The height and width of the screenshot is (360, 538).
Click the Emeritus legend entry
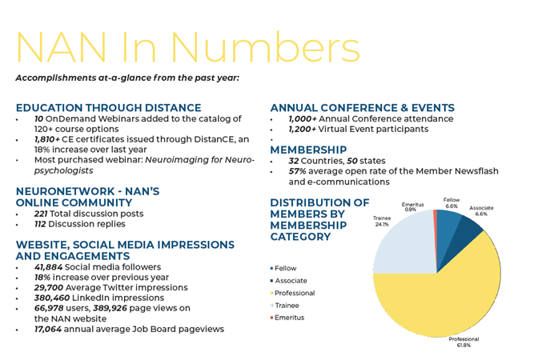(287, 318)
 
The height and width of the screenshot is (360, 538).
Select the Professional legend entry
(292, 293)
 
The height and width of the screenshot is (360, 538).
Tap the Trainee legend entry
(285, 305)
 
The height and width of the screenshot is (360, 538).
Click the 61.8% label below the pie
(464, 346)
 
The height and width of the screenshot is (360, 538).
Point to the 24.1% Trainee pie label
(382, 224)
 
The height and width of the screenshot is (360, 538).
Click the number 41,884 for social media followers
(48, 267)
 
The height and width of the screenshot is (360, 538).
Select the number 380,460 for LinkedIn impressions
(52, 298)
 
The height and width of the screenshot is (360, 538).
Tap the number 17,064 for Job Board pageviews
(48, 329)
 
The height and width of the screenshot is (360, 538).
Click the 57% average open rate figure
(298, 171)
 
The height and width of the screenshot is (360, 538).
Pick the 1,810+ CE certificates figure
(47, 139)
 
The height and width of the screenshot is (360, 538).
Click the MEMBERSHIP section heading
(308, 150)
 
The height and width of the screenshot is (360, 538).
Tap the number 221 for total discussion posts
(41, 214)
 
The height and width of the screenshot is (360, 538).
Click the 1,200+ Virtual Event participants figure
(303, 129)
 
